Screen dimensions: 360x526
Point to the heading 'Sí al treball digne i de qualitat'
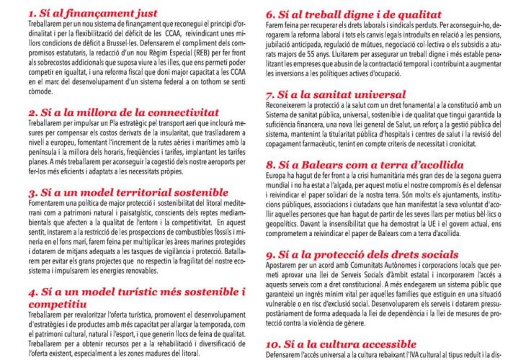coord(352,13)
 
